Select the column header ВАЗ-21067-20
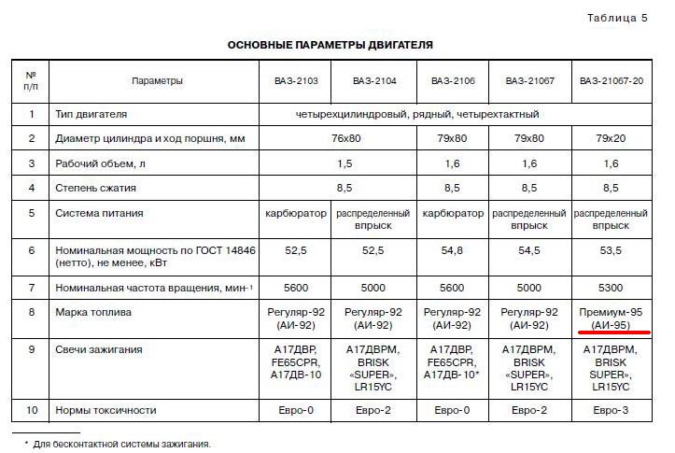(x=611, y=81)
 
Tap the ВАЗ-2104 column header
(x=373, y=81)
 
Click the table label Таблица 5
(x=617, y=18)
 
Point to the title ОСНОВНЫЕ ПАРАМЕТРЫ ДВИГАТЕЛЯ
(x=330, y=45)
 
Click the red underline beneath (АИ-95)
(x=612, y=333)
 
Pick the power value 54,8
(x=452, y=251)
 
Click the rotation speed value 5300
(x=612, y=287)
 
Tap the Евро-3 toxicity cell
(x=612, y=410)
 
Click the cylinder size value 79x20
(x=612, y=139)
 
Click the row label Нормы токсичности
(x=105, y=410)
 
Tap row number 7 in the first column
(x=32, y=287)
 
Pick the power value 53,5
(x=612, y=251)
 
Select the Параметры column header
(x=157, y=81)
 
